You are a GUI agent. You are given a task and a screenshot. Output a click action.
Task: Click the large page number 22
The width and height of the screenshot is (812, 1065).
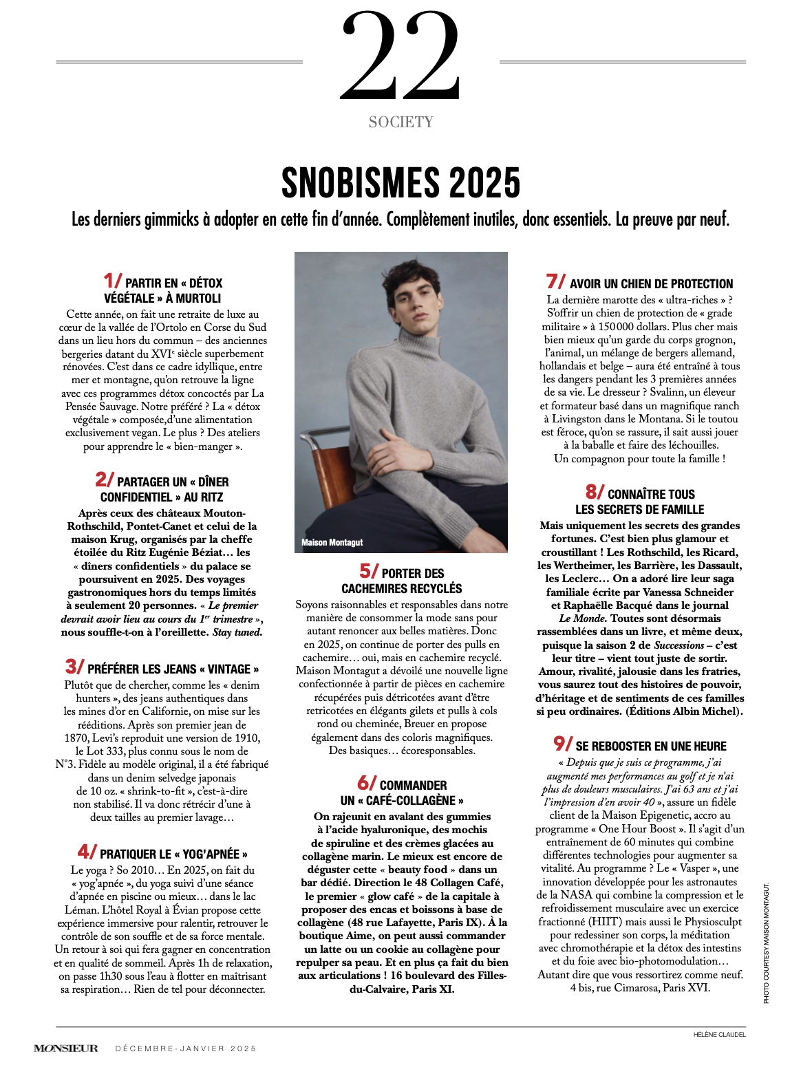click(x=400, y=55)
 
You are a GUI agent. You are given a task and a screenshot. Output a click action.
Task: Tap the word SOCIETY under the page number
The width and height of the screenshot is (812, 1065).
click(x=400, y=122)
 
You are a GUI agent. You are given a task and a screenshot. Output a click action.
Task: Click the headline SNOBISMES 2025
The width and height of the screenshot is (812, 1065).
click(x=400, y=183)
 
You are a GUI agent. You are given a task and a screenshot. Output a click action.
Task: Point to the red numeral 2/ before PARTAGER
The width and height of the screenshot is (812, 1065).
click(x=105, y=480)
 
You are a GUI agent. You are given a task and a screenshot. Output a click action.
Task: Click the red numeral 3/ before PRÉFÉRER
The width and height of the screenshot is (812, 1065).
click(x=74, y=667)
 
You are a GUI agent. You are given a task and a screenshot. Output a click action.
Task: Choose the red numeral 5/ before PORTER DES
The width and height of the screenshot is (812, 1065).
click(x=369, y=571)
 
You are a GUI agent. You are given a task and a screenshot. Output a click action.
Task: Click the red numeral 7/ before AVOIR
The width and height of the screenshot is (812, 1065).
click(x=556, y=281)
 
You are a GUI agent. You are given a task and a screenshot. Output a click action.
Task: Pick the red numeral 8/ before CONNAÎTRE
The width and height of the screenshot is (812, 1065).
click(x=595, y=492)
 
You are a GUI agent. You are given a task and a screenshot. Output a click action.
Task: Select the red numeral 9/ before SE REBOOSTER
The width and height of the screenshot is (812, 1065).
click(x=563, y=744)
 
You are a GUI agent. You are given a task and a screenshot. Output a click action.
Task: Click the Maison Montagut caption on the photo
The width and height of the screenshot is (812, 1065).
click(x=332, y=543)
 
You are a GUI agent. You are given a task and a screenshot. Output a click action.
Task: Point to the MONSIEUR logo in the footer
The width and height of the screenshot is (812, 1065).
click(x=66, y=1048)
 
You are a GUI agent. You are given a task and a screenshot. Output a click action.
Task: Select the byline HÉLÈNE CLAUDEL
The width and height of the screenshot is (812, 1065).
click(x=719, y=1034)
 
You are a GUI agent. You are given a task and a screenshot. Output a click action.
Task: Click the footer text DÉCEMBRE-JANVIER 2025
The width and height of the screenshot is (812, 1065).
click(x=186, y=1048)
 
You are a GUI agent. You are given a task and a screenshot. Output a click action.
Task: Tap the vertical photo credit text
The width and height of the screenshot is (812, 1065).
click(x=766, y=943)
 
